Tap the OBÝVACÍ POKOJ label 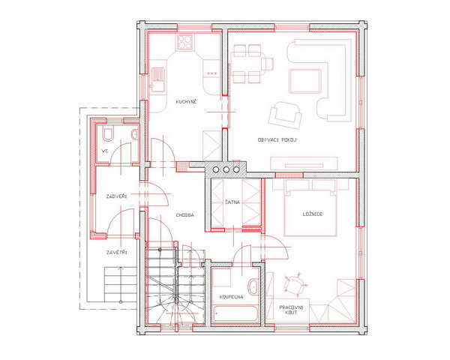click(277, 140)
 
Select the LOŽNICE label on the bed click(313, 214)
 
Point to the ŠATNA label click(232, 202)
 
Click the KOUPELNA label click(231, 297)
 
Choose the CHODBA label click(184, 215)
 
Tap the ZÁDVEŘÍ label click(116, 196)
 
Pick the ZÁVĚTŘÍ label click(116, 253)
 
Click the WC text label click(105, 151)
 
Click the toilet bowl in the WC click(108, 134)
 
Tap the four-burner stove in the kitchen click(185, 42)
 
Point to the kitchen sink click(157, 79)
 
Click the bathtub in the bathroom click(235, 313)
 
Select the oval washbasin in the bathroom click(253, 286)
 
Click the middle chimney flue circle click(226, 169)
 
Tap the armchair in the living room click(285, 115)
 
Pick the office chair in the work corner click(295, 284)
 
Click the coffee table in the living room click(304, 81)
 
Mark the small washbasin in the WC click(134, 134)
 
